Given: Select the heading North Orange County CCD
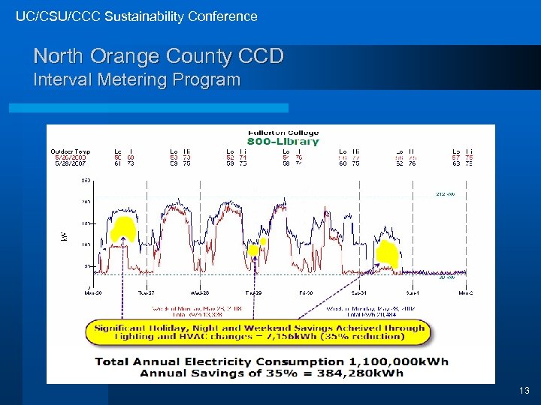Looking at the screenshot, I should (158, 56).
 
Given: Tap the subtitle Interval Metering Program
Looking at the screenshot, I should (137, 79).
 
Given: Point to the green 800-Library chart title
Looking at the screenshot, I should (283, 142).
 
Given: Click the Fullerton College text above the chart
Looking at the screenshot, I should (283, 133).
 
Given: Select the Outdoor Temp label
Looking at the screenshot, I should (71, 151).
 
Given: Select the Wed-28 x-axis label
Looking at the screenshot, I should (199, 293).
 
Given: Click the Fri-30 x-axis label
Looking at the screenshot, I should (306, 293).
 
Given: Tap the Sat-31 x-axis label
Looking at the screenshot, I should (359, 293).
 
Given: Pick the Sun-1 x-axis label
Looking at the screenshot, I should (413, 293).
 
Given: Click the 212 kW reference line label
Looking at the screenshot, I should (446, 193).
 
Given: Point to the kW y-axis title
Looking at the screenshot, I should (63, 236).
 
